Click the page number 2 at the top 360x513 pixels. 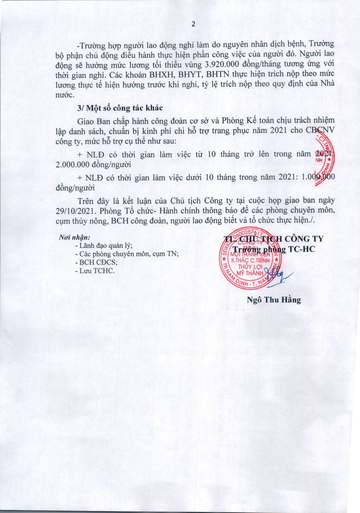click(193, 24)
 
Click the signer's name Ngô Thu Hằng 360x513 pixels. click(274, 300)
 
